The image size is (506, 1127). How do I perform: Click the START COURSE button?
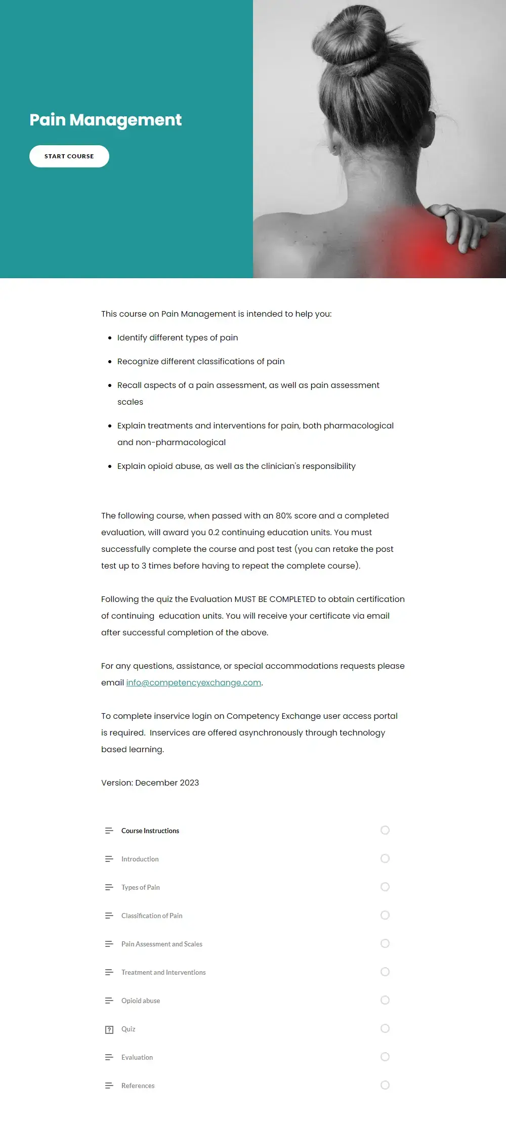[x=69, y=156]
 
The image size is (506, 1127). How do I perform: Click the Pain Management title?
[x=105, y=120]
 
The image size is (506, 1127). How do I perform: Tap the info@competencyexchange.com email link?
[x=194, y=682]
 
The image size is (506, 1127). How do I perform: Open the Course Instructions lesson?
[x=150, y=831]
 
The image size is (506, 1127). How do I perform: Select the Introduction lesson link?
[x=140, y=859]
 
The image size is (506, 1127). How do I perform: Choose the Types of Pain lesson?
[x=141, y=887]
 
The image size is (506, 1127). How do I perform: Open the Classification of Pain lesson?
[x=152, y=916]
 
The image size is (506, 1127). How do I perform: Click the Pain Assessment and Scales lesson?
[x=162, y=944]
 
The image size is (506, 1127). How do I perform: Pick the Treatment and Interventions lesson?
[x=163, y=972]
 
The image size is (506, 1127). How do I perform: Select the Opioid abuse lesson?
[x=141, y=1001]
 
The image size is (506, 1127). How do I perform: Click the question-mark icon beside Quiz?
[x=109, y=1029]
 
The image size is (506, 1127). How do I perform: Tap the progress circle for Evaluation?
[x=385, y=1057]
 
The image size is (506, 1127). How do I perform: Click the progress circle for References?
[x=385, y=1085]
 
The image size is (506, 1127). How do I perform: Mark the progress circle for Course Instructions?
[x=385, y=830]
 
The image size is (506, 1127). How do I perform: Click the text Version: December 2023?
[x=150, y=783]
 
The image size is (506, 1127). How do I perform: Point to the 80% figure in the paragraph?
[x=283, y=515]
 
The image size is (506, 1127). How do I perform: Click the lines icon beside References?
[x=109, y=1086]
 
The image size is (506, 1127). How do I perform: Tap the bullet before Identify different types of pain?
[x=110, y=338]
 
